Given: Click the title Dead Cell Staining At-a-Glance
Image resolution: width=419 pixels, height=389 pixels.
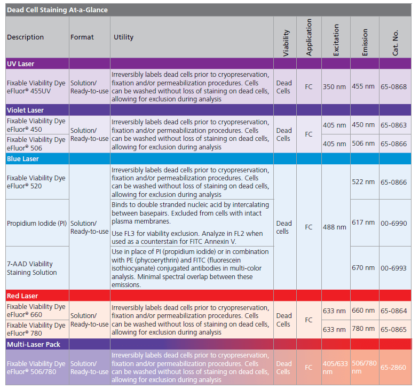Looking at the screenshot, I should (57, 10).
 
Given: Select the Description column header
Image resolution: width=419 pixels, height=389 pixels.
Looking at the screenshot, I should (25, 37).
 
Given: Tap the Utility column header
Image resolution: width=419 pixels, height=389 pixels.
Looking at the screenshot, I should (123, 37).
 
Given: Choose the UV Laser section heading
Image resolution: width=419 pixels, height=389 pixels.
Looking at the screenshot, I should (21, 63).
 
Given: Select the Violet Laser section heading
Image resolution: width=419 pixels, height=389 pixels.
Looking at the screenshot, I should (25, 109).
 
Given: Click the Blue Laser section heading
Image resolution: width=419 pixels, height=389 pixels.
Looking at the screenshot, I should (23, 158).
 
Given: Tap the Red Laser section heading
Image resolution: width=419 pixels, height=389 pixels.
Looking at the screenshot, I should (22, 296).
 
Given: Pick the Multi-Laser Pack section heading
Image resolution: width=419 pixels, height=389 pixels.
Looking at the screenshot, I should (34, 345).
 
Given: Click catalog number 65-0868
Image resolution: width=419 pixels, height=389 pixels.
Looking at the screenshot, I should (393, 86).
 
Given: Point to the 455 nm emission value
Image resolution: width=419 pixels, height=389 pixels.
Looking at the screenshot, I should (363, 86).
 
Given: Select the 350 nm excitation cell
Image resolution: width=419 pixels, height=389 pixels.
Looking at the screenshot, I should (335, 86).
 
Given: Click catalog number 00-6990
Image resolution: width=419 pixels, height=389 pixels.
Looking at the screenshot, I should (393, 223).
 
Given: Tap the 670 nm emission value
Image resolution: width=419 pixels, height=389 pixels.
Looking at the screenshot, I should (363, 268).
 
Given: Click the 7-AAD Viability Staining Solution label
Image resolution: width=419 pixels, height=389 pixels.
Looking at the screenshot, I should (32, 268).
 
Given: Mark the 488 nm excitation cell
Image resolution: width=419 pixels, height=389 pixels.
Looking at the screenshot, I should (335, 227).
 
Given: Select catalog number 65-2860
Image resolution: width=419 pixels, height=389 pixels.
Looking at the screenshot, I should (393, 368).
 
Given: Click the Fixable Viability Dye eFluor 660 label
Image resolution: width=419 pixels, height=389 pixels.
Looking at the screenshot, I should (36, 311).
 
